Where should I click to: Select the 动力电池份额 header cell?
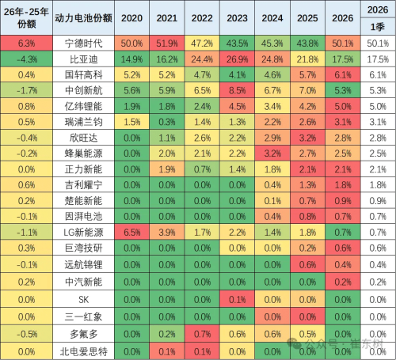(x=82, y=17)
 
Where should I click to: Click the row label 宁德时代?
(x=82, y=43)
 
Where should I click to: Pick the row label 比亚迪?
(x=82, y=59)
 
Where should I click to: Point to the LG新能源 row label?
(x=82, y=231)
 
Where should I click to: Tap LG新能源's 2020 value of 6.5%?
(x=132, y=231)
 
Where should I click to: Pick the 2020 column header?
(x=132, y=17)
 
